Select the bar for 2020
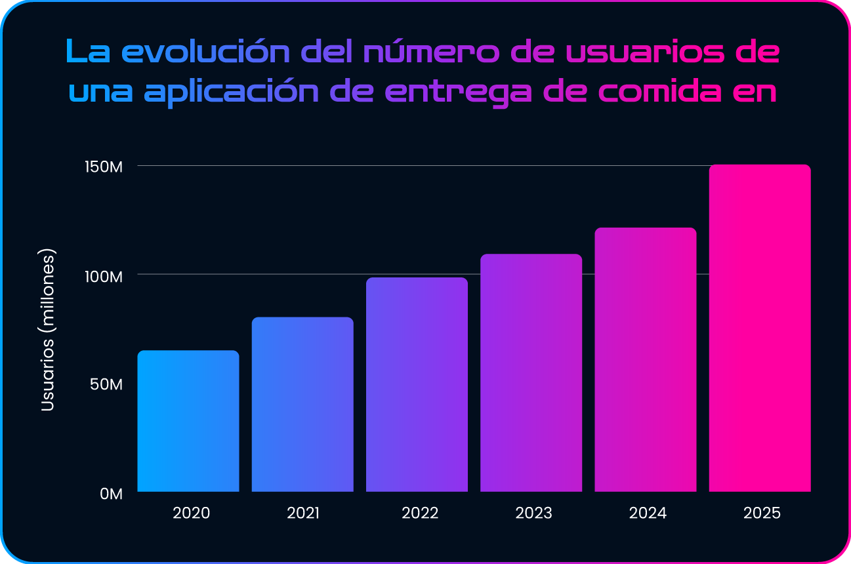pyautogui.click(x=188, y=421)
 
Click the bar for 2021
pyautogui.click(x=302, y=404)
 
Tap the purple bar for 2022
pyautogui.click(x=417, y=384)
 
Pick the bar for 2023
pyautogui.click(x=531, y=373)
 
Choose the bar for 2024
pyautogui.click(x=645, y=359)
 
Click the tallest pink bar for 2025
pyautogui.click(x=760, y=328)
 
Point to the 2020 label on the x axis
pyautogui.click(x=191, y=513)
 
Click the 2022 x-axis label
pyautogui.click(x=420, y=513)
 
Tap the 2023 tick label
pyautogui.click(x=533, y=513)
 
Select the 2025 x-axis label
pyautogui.click(x=762, y=513)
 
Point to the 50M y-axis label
pyautogui.click(x=108, y=384)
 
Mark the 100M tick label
pyautogui.click(x=105, y=276)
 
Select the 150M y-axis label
pyautogui.click(x=105, y=167)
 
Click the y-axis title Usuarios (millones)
pyautogui.click(x=47, y=330)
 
